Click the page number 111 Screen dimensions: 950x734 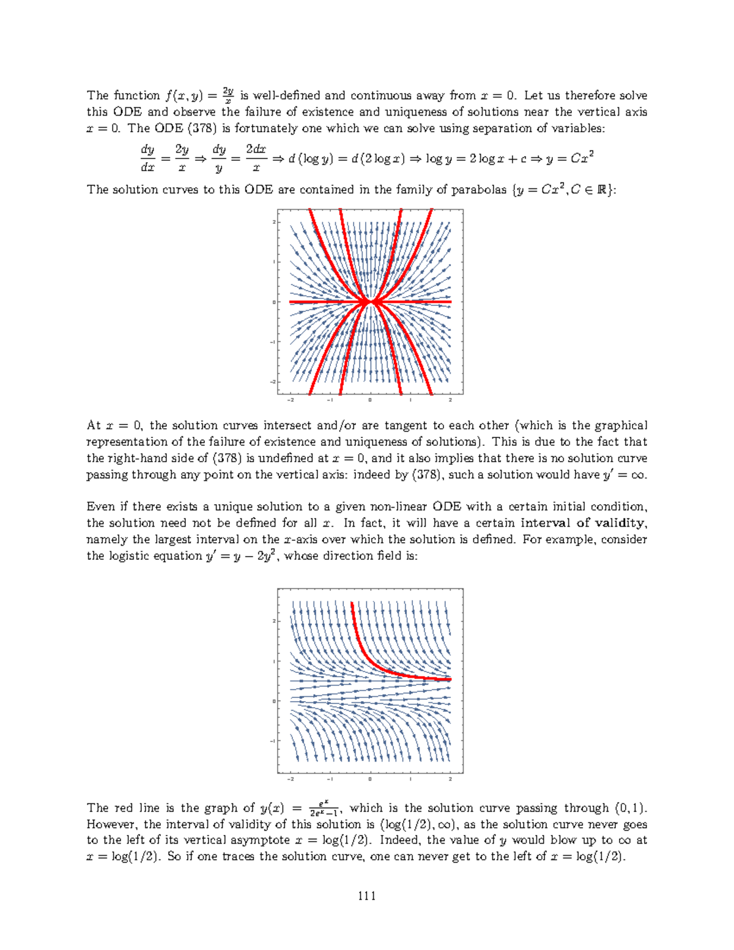[x=367, y=896]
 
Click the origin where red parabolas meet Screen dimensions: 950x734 [x=369, y=302]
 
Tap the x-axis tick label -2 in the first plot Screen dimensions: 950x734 [x=290, y=400]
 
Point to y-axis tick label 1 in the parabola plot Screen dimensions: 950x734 [x=273, y=262]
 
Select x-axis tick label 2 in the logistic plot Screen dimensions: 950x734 [x=450, y=779]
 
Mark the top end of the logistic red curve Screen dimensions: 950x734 [x=352, y=603]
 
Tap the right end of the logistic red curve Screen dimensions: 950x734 [x=450, y=679]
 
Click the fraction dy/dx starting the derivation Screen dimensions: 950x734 [x=147, y=158]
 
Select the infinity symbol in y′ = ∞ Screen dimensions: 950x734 [x=638, y=475]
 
